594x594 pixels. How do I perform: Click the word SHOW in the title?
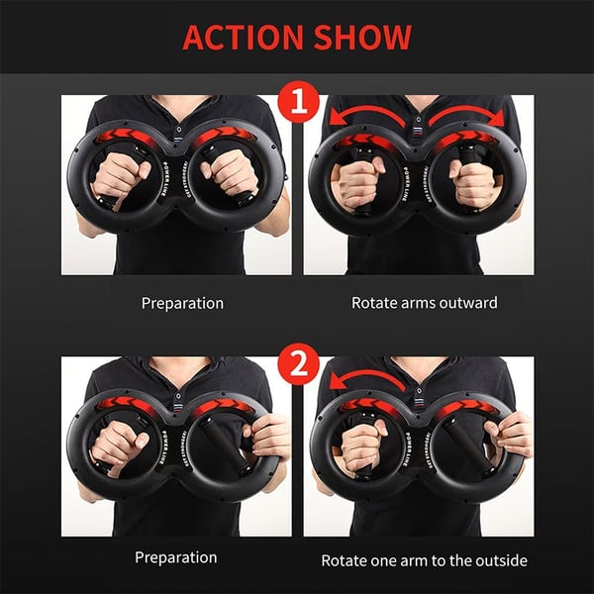(x=362, y=38)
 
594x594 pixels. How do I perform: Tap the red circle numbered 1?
(x=297, y=103)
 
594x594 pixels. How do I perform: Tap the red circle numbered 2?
(x=297, y=365)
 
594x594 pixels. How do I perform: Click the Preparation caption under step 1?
(x=182, y=302)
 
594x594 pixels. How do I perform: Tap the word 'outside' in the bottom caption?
(x=493, y=560)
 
